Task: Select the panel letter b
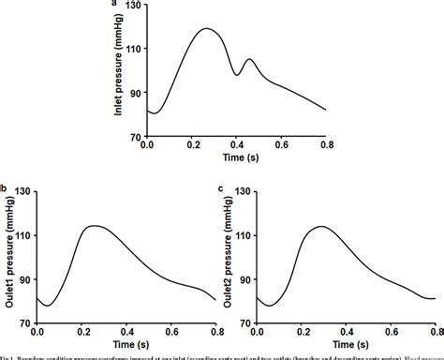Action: (x=4, y=190)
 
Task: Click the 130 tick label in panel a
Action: (x=133, y=7)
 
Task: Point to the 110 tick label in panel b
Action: (x=23, y=235)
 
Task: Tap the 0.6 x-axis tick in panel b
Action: (x=170, y=333)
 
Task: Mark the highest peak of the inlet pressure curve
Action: (x=206, y=28)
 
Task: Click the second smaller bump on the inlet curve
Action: (x=249, y=60)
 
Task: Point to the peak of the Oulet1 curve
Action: (x=94, y=226)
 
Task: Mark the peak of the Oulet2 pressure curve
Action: (x=320, y=226)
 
